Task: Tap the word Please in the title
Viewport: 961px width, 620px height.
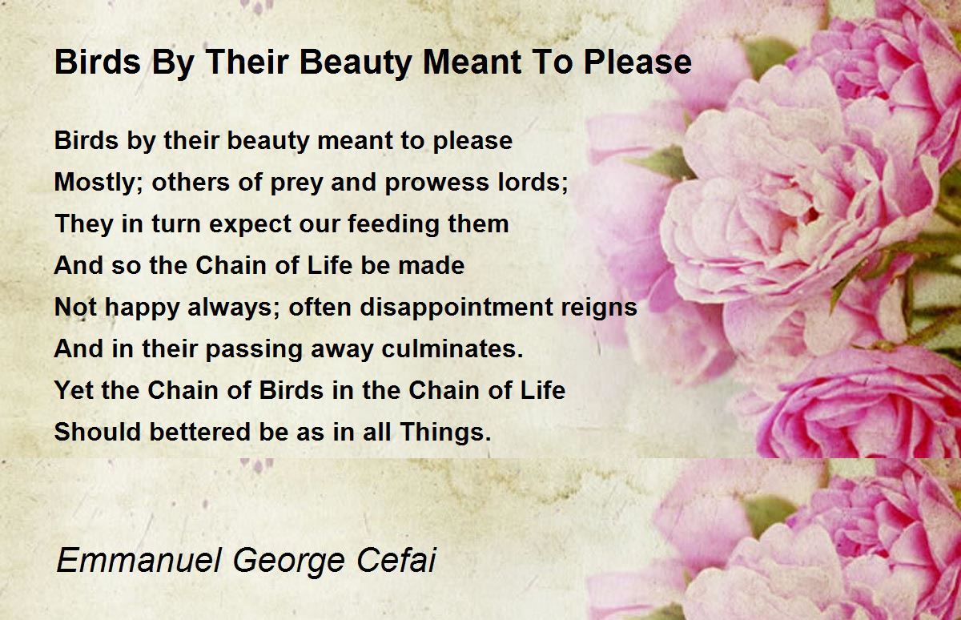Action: [x=637, y=62]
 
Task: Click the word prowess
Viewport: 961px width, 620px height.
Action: [x=436, y=183]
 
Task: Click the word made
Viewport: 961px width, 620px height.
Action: [x=431, y=265]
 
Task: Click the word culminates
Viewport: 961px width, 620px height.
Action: [x=452, y=348]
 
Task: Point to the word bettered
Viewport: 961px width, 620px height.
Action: [x=200, y=431]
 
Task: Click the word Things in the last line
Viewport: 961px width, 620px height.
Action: [x=445, y=432]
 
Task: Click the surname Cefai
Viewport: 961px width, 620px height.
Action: [x=396, y=560]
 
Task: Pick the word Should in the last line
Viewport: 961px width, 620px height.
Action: [x=98, y=431]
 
